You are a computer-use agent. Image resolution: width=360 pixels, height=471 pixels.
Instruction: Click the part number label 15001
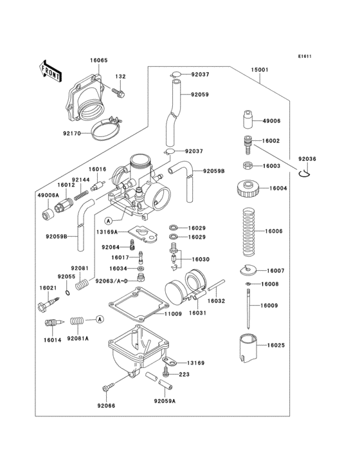click(x=260, y=68)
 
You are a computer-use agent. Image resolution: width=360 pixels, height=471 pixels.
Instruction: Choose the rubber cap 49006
click(x=248, y=120)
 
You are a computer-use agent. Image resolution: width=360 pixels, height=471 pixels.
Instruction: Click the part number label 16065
click(x=98, y=60)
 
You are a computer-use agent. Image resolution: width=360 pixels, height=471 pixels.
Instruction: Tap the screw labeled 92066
click(x=107, y=387)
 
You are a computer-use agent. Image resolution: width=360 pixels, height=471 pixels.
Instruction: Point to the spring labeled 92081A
click(x=78, y=320)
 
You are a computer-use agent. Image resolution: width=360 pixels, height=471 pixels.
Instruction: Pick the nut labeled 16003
click(x=247, y=165)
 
